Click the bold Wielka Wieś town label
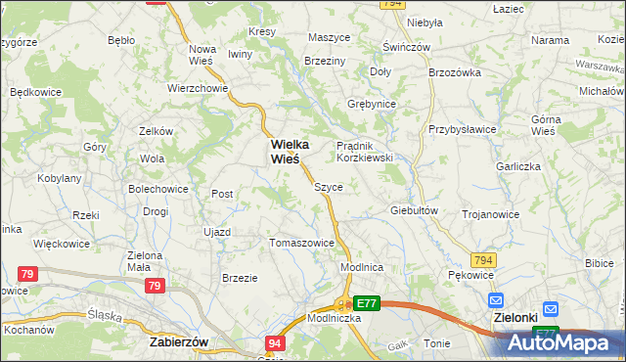[x=285, y=151]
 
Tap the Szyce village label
[x=328, y=185]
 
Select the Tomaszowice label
[x=301, y=243]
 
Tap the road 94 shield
[x=277, y=343]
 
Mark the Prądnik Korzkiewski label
[x=365, y=151]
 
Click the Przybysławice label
[x=463, y=128]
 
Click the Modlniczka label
[x=335, y=319]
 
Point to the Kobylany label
[x=59, y=178]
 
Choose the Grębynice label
[x=372, y=103]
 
